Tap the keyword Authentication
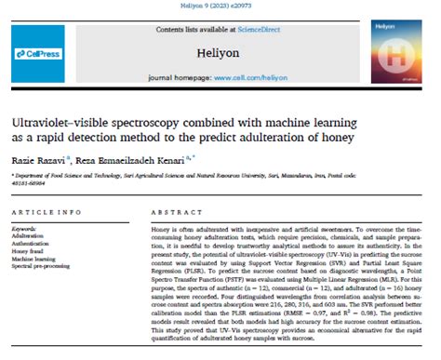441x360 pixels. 34,243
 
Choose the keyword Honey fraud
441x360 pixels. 31,251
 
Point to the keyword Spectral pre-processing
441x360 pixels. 46,268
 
